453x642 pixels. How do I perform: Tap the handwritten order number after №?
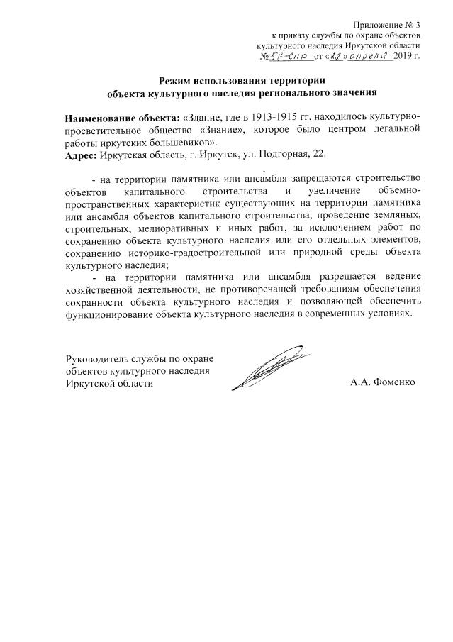point(287,56)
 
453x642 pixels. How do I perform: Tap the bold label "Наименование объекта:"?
point(121,116)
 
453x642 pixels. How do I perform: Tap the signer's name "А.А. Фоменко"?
point(381,382)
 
